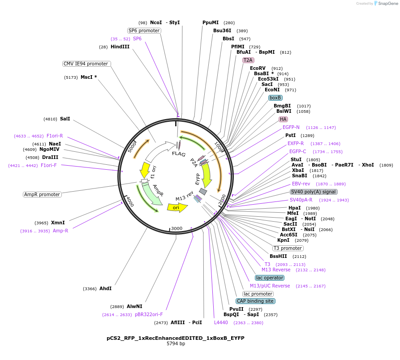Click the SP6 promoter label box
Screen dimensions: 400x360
pos(144,30)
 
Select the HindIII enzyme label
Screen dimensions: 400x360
pos(120,47)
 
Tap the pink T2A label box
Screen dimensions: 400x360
pos(248,60)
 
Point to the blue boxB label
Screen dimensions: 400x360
pos(275,98)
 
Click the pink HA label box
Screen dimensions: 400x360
pos(283,119)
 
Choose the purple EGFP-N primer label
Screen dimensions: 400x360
pos(291,128)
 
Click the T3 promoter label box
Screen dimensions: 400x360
pos(288,248)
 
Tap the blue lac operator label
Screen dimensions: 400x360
pos(270,278)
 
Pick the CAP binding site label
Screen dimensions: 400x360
pos(255,301)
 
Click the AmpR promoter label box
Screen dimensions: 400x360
pos(42,194)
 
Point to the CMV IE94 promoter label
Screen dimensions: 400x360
pos(86,64)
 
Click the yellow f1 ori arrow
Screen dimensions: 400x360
pos(145,170)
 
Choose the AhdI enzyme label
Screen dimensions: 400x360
pos(105,288)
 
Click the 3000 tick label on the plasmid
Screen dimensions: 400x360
pos(177,228)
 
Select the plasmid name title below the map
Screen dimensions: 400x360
pos(176,338)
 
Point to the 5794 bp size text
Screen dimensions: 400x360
pos(176,344)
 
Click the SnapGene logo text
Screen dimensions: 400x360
pos(387,4)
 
